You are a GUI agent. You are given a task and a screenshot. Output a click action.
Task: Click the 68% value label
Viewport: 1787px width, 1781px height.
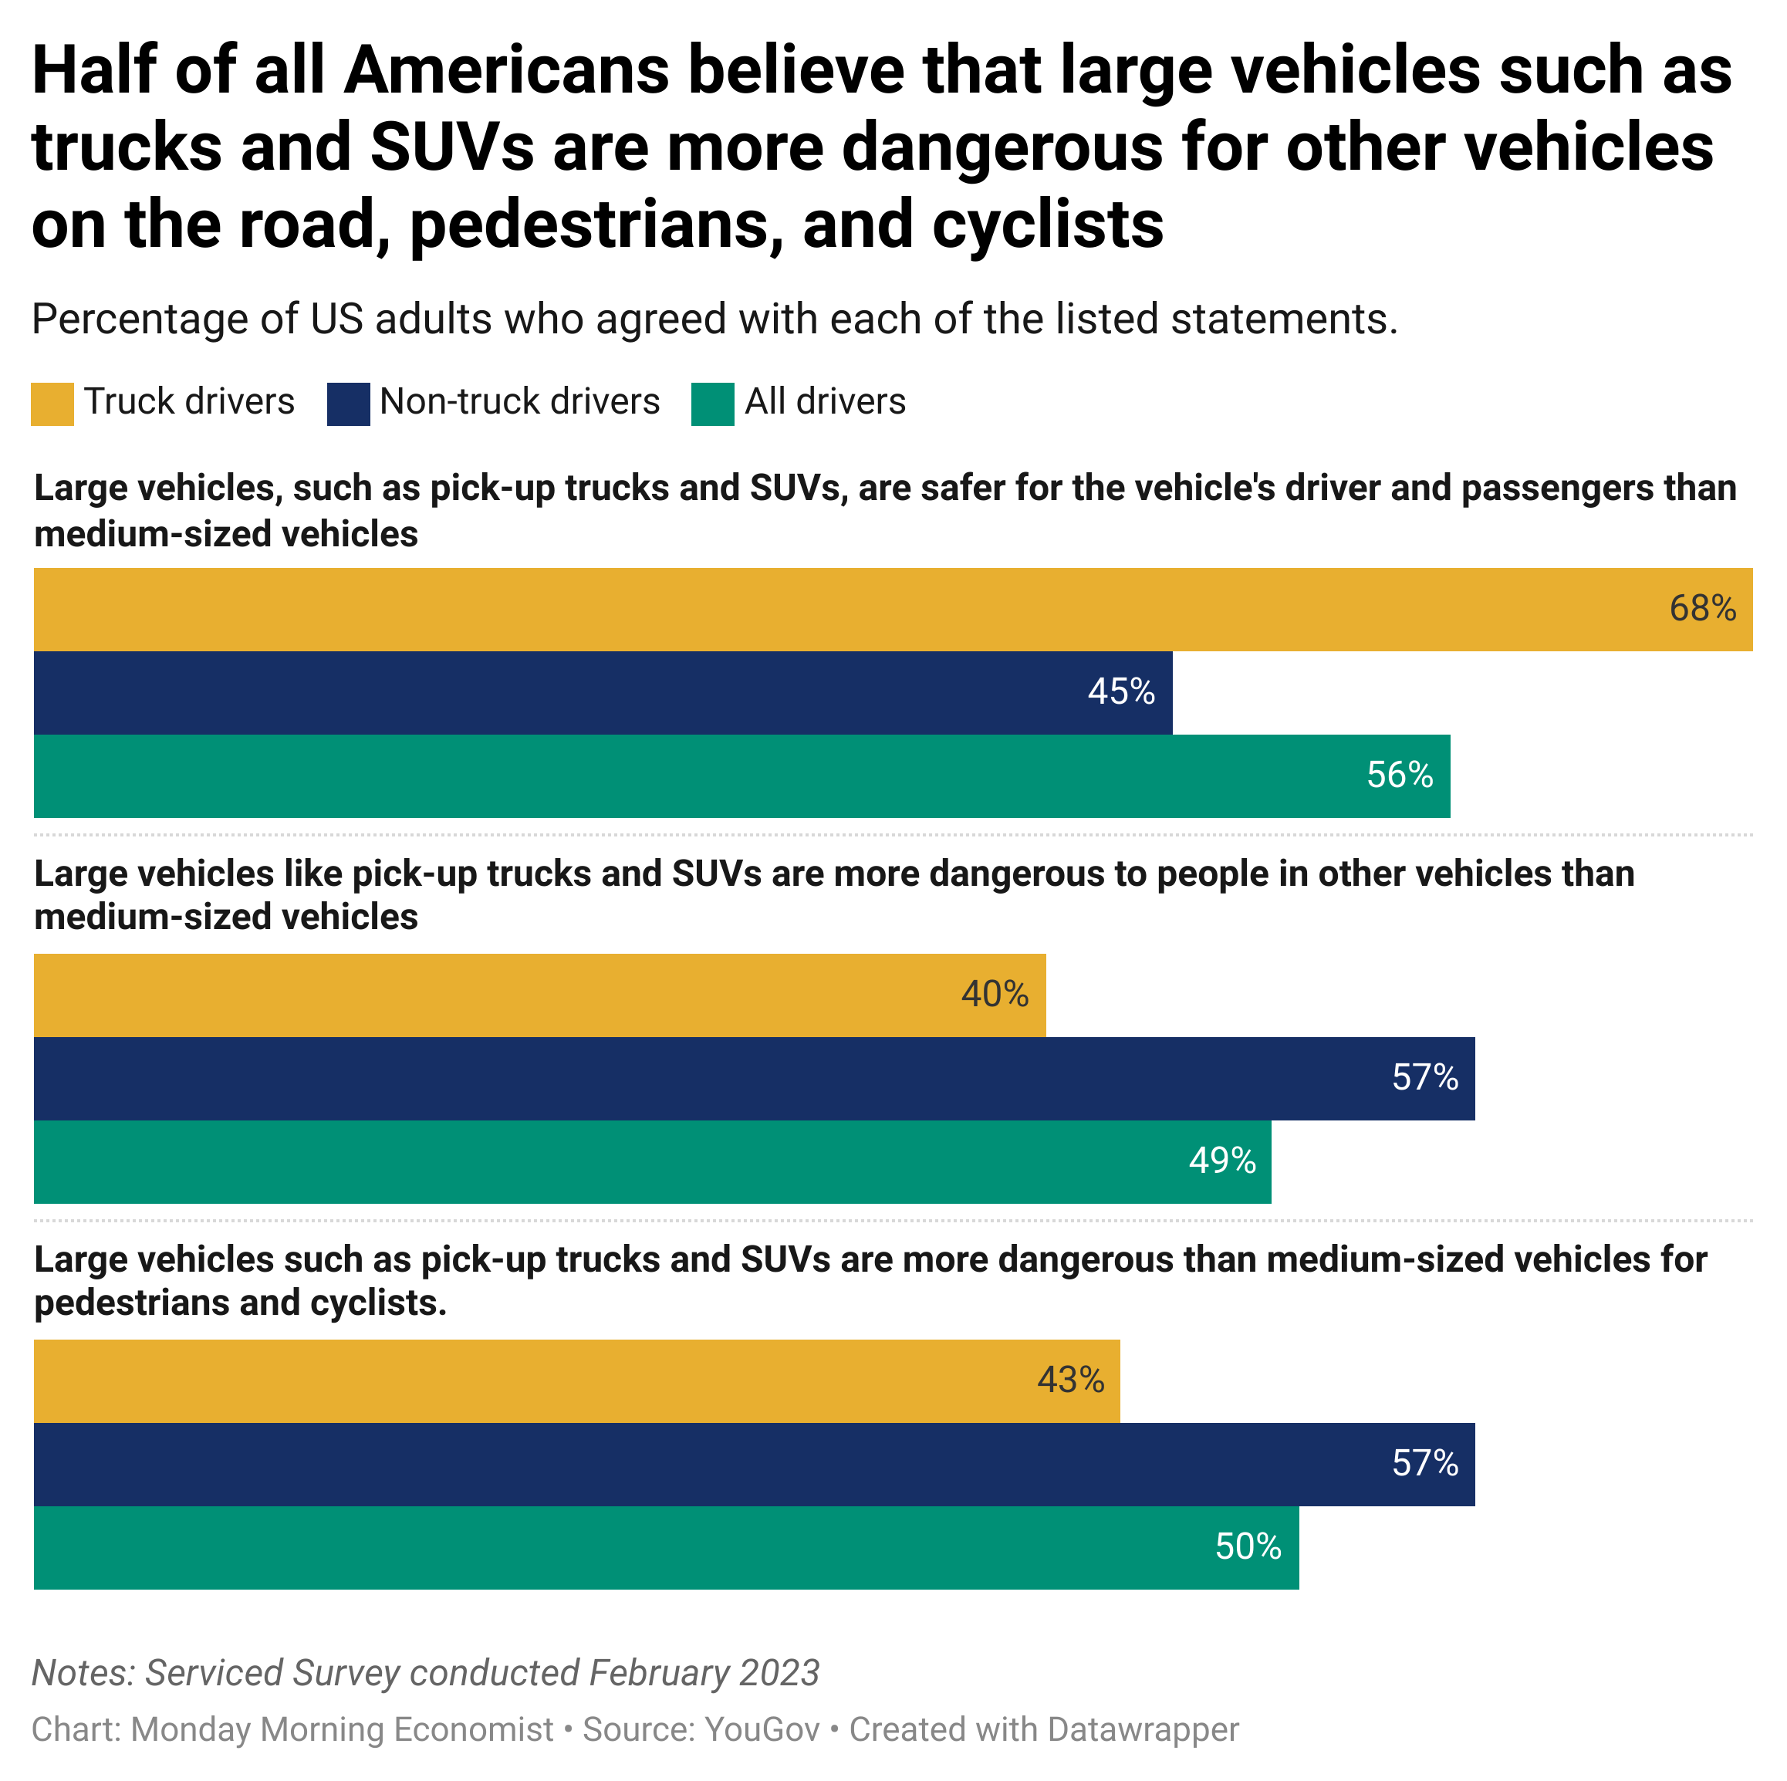[1702, 609]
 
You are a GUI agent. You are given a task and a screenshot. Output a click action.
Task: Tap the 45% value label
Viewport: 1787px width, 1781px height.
[1121, 692]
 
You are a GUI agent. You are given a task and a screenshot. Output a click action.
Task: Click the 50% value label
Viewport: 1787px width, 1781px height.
[1248, 1547]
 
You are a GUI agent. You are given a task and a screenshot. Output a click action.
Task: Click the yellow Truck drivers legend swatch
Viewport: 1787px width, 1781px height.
[52, 404]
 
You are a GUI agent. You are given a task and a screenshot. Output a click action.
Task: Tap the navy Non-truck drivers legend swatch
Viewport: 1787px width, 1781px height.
[348, 404]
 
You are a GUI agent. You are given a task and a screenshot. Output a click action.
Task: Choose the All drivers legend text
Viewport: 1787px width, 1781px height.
[825, 401]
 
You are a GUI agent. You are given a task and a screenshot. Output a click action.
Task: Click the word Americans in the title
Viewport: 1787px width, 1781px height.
[506, 73]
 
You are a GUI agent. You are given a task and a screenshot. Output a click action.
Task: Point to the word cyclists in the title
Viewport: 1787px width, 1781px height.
[1047, 225]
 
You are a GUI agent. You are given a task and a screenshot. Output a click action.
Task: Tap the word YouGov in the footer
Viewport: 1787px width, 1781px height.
[762, 1730]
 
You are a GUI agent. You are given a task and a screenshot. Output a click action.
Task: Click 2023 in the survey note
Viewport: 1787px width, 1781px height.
[779, 1673]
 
